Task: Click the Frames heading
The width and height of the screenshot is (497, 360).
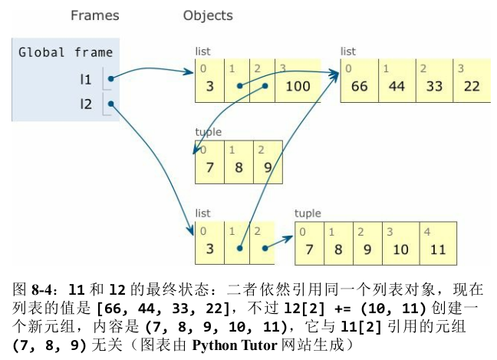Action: pyautogui.click(x=95, y=15)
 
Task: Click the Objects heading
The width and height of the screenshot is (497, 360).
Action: pyautogui.click(x=208, y=15)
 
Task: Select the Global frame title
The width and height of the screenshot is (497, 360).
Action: pyautogui.click(x=66, y=52)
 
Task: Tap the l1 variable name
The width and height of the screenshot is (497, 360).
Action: pyautogui.click(x=86, y=79)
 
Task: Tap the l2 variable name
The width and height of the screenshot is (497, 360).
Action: pyautogui.click(x=86, y=104)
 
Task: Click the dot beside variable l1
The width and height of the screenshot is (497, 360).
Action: pyautogui.click(x=110, y=78)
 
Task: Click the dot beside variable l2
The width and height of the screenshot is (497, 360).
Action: pyautogui.click(x=110, y=104)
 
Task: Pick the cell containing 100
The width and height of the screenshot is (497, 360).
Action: pyautogui.click(x=298, y=81)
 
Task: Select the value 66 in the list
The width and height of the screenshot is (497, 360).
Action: pyautogui.click(x=360, y=86)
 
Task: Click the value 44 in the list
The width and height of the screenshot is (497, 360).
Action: pyautogui.click(x=397, y=86)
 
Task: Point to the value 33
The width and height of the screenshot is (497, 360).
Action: pyautogui.click(x=434, y=86)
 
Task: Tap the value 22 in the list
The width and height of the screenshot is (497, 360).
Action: pyautogui.click(x=472, y=86)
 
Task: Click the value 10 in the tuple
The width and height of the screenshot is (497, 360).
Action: pyautogui.click(x=400, y=249)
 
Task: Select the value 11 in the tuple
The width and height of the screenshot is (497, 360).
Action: pyautogui.click(x=438, y=249)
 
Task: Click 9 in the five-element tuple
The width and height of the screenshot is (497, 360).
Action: pyautogui.click(x=367, y=249)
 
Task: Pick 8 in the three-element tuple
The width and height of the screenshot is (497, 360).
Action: pyautogui.click(x=239, y=167)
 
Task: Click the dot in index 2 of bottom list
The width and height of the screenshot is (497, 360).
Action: pyautogui.click(x=265, y=249)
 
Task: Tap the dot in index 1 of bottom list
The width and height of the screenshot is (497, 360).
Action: pyautogui.click(x=240, y=249)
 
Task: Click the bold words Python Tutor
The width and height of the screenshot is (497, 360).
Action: pyautogui.click(x=235, y=345)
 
